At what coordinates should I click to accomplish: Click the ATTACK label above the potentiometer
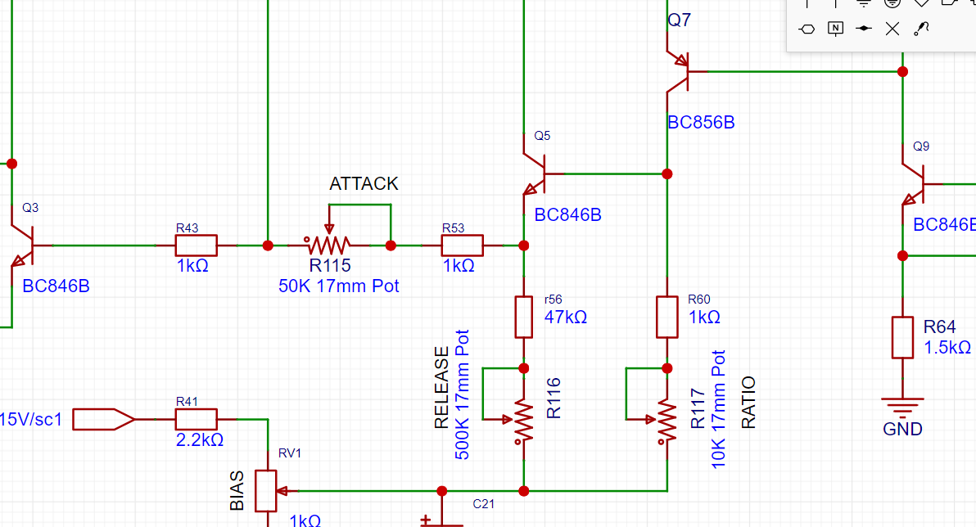point(364,183)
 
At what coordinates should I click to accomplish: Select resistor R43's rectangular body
point(196,245)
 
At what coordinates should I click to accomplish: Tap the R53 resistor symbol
point(462,245)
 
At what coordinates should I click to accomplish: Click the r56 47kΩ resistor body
point(524,317)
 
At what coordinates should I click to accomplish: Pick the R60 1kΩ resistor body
point(666,317)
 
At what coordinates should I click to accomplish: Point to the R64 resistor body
point(902,337)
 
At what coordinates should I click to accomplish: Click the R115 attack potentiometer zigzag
point(328,245)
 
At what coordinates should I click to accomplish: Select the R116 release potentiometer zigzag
point(524,420)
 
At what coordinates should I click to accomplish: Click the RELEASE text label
point(442,388)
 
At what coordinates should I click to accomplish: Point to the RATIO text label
point(748,403)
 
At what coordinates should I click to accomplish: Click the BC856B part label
point(701,123)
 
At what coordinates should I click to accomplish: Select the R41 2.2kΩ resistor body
point(196,420)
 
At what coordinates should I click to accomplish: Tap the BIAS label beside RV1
point(237,491)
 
